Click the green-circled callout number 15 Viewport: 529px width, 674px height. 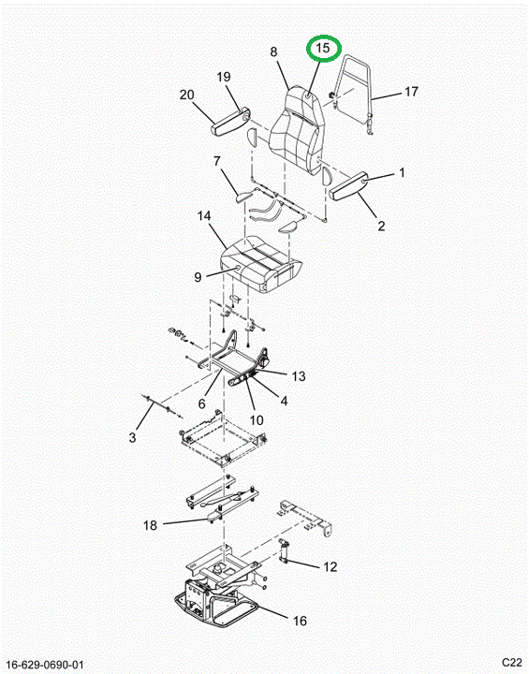point(323,48)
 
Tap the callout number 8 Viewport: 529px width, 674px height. point(274,52)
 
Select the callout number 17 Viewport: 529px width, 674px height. point(411,92)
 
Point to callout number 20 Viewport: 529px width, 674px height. point(187,95)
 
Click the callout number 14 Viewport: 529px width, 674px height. point(204,216)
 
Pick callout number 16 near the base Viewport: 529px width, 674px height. point(300,621)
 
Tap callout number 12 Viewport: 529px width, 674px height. point(330,566)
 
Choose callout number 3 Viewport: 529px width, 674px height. point(132,437)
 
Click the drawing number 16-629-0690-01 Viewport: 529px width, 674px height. point(46,665)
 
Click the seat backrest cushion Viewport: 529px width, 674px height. point(296,130)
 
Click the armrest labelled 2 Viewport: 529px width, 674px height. point(348,185)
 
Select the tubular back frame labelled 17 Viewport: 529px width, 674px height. point(354,93)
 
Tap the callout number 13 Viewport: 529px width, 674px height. point(298,376)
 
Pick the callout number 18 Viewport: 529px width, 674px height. point(150,525)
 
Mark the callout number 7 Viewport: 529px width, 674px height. point(217,162)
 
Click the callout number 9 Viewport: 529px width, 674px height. point(198,277)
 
